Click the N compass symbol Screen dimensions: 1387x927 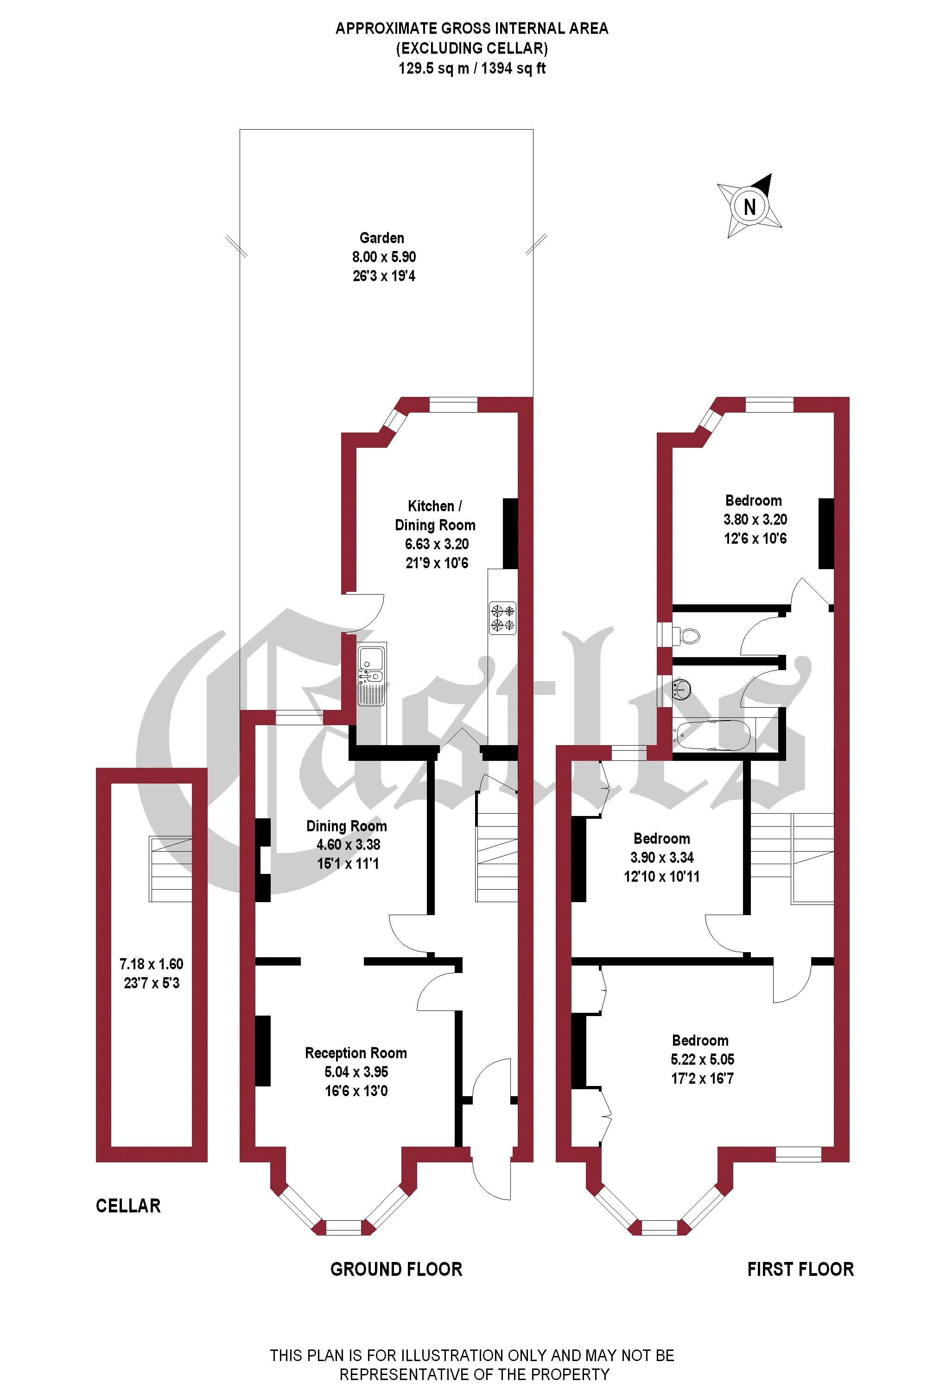pos(749,207)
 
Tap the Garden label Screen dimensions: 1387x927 pos(382,238)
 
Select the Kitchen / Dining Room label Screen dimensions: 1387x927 pos(435,516)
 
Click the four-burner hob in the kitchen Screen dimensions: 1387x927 pos(502,617)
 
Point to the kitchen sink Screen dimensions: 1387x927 pos(371,674)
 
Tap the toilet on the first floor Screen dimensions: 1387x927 pos(687,635)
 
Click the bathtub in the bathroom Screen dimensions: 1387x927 pos(712,735)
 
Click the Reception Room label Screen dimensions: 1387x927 pos(356,1053)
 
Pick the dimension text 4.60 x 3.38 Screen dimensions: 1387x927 pos(348,845)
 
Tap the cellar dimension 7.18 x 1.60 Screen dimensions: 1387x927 pos(152,964)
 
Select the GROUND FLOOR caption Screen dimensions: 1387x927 pos(396,1269)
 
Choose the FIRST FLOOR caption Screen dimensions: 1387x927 pos(800,1269)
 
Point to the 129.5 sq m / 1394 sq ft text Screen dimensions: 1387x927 pos(472,69)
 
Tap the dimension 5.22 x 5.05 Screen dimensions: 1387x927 pos(702,1059)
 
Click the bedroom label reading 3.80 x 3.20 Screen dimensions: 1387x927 pos(755,519)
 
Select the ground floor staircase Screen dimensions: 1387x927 pos(496,857)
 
